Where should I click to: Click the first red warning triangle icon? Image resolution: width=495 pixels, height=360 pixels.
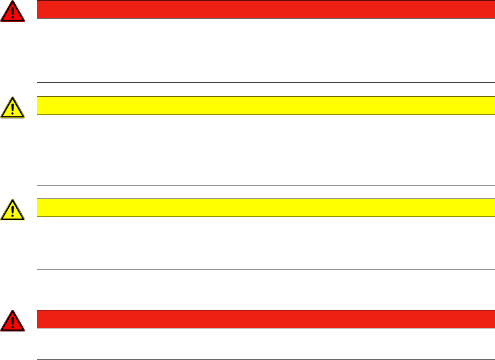pos(13,13)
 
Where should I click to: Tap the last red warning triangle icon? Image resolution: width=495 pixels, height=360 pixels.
pos(13,321)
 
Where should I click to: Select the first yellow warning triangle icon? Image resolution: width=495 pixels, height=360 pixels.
pos(13,109)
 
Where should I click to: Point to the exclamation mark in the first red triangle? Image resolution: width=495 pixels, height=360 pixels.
pos(13,14)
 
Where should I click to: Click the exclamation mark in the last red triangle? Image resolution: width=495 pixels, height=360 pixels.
pos(13,322)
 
